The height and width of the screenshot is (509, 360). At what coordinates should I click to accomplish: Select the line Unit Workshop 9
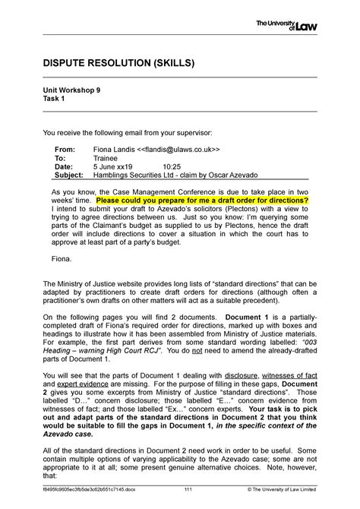coord(75,90)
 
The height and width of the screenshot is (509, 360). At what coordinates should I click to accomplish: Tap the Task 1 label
coord(53,99)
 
